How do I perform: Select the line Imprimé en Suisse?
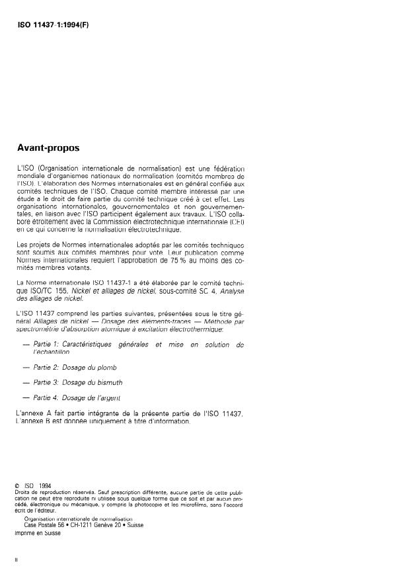point(38,532)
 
